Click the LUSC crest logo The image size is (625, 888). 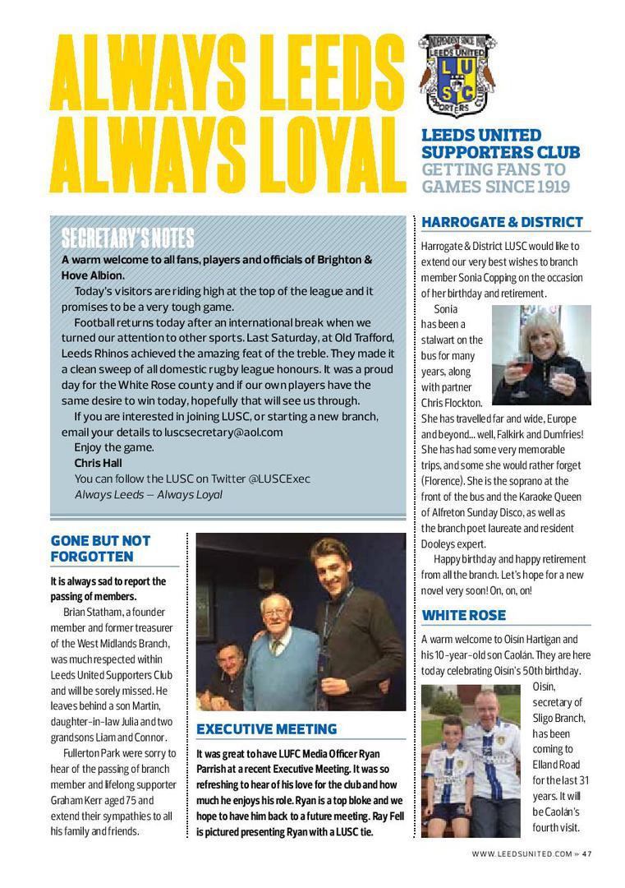pyautogui.click(x=457, y=76)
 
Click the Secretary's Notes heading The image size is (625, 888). pyautogui.click(x=127, y=238)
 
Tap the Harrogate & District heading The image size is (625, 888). pyautogui.click(x=502, y=222)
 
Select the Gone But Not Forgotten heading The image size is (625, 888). pyautogui.click(x=101, y=548)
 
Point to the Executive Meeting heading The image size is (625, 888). pyautogui.click(x=266, y=729)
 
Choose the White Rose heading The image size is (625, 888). pyautogui.click(x=463, y=615)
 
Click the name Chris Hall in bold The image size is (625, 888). pyautogui.click(x=98, y=463)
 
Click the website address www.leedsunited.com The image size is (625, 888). pyautogui.click(x=521, y=853)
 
